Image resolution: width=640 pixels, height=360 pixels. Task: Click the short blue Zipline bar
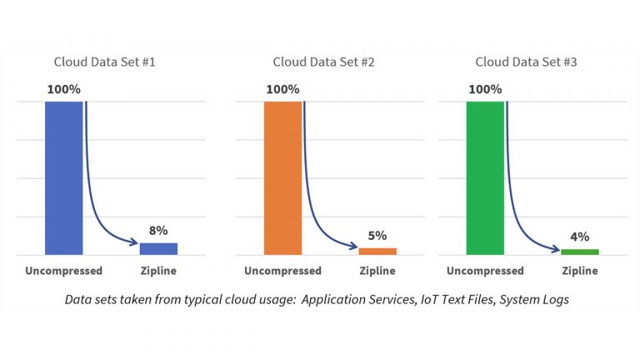(x=158, y=248)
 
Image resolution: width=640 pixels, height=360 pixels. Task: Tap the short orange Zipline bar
(x=377, y=251)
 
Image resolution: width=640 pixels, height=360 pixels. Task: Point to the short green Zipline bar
(x=580, y=252)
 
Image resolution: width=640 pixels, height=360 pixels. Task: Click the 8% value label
(x=158, y=230)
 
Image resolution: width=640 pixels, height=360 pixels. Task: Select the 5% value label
(x=377, y=235)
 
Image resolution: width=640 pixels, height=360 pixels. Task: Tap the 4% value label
(x=580, y=237)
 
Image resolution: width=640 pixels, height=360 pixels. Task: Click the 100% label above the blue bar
(x=64, y=89)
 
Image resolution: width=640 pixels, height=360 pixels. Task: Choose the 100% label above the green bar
(x=485, y=89)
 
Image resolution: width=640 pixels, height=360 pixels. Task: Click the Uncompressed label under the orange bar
(x=282, y=271)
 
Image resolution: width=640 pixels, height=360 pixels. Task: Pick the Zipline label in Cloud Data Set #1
(x=158, y=271)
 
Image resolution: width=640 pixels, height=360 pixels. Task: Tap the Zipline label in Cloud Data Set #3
(x=580, y=271)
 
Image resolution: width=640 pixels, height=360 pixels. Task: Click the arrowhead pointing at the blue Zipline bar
(x=133, y=243)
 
